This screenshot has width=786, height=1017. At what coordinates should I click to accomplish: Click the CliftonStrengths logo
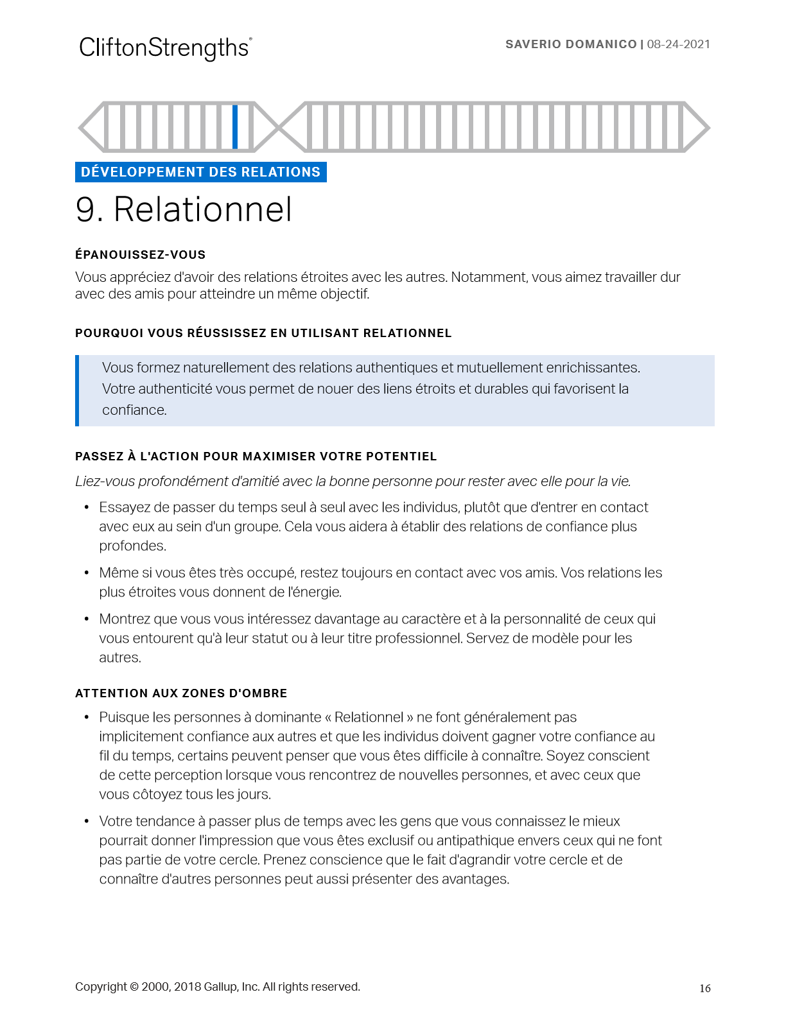[165, 48]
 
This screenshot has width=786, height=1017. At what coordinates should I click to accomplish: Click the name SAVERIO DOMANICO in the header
[571, 44]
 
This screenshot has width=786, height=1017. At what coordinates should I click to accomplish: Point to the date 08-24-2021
[679, 44]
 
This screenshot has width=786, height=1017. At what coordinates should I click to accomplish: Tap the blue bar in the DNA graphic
[235, 126]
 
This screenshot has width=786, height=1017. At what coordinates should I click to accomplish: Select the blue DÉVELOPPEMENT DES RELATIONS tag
[200, 172]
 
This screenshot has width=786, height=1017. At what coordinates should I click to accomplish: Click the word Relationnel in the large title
[203, 210]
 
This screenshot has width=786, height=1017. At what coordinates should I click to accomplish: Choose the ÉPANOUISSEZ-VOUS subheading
[140, 255]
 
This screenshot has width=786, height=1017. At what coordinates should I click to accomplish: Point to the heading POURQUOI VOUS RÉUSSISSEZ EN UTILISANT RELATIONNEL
[263, 333]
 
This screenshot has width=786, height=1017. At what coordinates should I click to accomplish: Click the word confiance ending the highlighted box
[134, 410]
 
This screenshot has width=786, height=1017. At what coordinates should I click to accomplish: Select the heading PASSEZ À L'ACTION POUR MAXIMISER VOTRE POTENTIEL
[256, 456]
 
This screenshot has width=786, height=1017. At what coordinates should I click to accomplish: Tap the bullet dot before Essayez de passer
[87, 508]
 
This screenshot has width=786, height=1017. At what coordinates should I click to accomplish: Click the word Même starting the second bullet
[116, 573]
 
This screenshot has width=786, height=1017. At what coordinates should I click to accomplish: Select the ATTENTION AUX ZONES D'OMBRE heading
[181, 693]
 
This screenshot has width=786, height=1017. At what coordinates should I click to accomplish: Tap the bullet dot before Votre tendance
[87, 822]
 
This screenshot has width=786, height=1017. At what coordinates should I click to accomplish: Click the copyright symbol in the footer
[134, 987]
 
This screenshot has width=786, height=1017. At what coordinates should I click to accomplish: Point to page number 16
[705, 989]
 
